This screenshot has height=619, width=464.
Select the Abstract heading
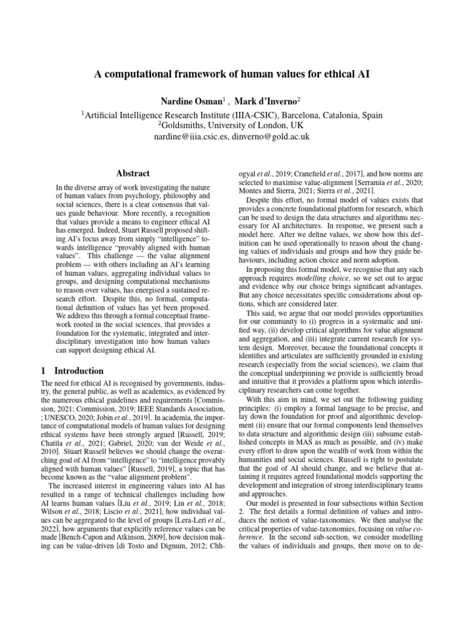tap(132, 173)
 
